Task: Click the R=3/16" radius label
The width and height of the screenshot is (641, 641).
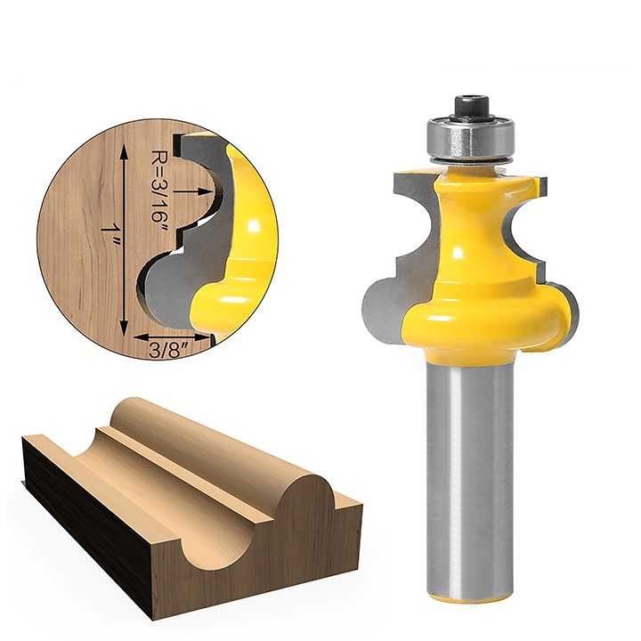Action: coord(160,186)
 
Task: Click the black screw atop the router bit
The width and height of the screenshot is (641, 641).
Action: coord(471,107)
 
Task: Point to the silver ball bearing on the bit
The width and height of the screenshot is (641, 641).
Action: coord(470,140)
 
